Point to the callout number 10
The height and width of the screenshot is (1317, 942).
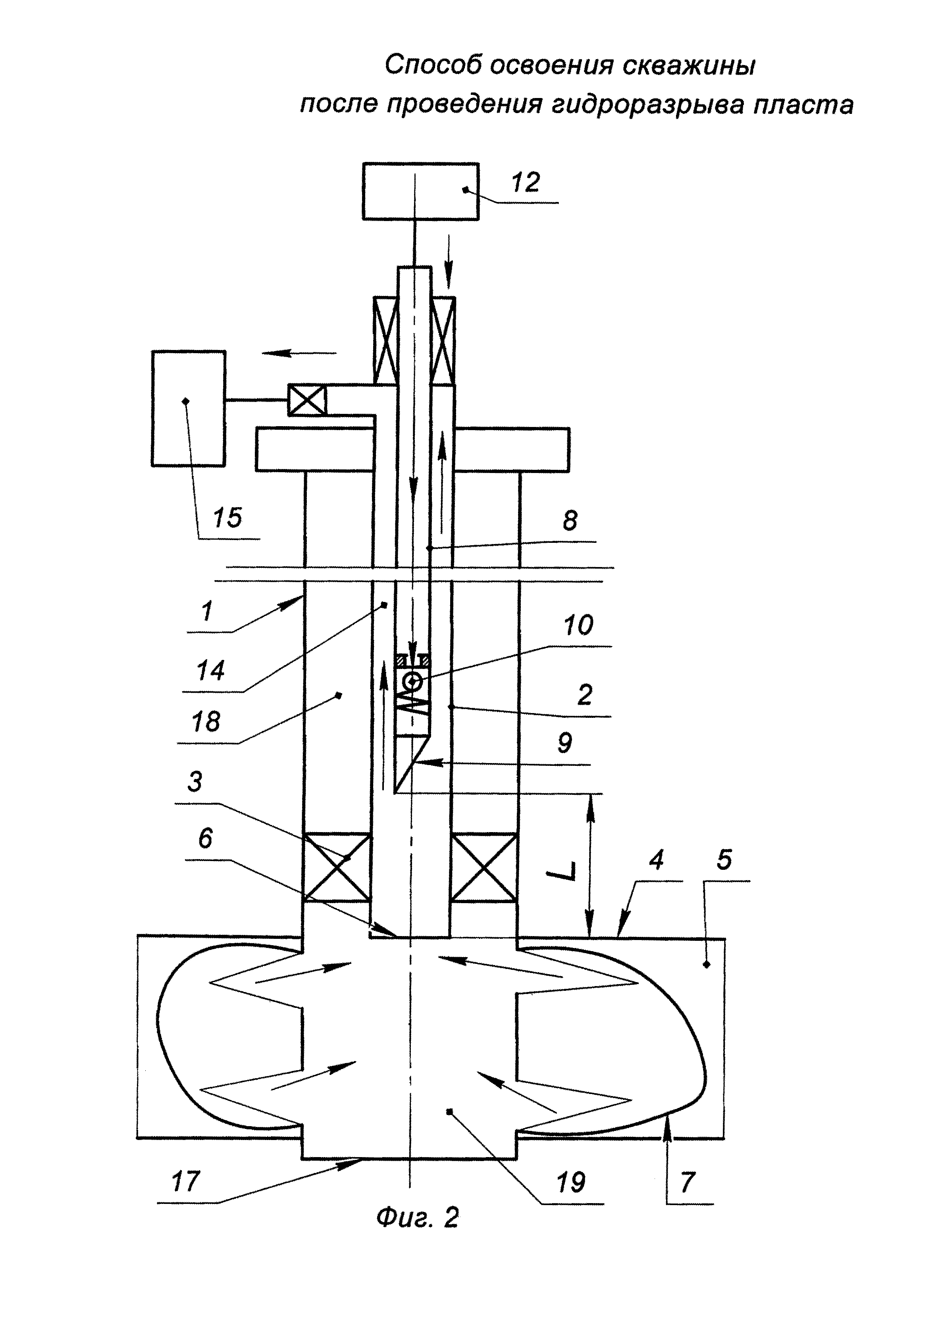578,625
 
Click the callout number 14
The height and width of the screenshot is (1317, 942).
210,671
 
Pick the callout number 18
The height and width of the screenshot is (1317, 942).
206,722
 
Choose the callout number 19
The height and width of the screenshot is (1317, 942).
571,1181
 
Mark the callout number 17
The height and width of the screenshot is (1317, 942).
186,1181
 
